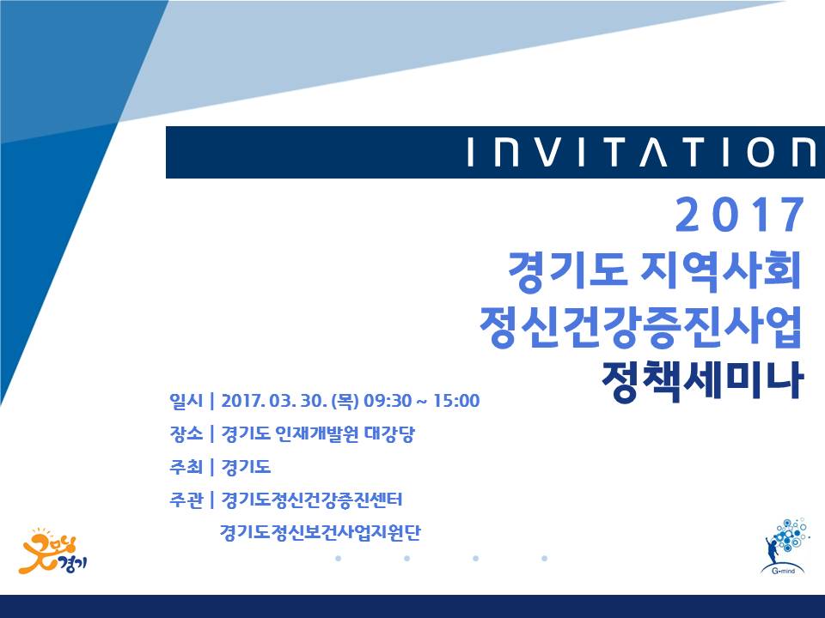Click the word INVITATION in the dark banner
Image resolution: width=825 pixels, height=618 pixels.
(x=642, y=153)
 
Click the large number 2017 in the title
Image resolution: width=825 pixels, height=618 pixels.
(x=740, y=215)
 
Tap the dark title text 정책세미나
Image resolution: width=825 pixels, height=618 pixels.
(x=703, y=380)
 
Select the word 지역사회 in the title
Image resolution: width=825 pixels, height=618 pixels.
(x=720, y=272)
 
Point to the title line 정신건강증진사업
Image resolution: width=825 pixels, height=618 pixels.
(x=640, y=326)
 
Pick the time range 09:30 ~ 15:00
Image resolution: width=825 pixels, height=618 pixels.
(x=421, y=401)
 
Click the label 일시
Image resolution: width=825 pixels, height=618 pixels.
(x=186, y=401)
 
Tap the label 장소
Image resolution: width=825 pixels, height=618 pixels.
(x=186, y=433)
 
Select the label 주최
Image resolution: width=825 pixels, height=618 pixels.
(x=186, y=467)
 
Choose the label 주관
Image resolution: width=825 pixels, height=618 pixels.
(x=186, y=500)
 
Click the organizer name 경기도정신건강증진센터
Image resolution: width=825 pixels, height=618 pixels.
(x=311, y=500)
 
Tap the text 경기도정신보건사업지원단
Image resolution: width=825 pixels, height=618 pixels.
(x=320, y=532)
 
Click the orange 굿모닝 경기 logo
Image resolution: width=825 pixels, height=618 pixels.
(x=52, y=552)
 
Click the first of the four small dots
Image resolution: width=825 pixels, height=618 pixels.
(x=339, y=558)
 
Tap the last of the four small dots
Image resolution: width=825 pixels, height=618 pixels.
(x=545, y=558)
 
